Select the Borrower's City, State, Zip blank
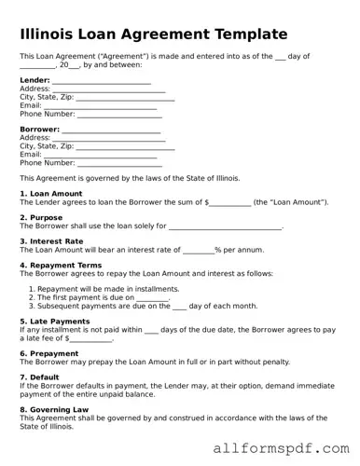[x=125, y=146]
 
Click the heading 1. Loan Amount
[x=51, y=194]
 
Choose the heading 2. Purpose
[x=41, y=217]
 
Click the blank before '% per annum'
[x=198, y=250]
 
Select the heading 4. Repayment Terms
[x=61, y=265]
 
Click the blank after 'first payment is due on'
[x=152, y=297]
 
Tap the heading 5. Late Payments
[x=54, y=321]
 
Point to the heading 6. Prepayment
[x=49, y=353]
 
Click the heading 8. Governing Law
[x=54, y=408]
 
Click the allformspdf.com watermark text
[x=281, y=448]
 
